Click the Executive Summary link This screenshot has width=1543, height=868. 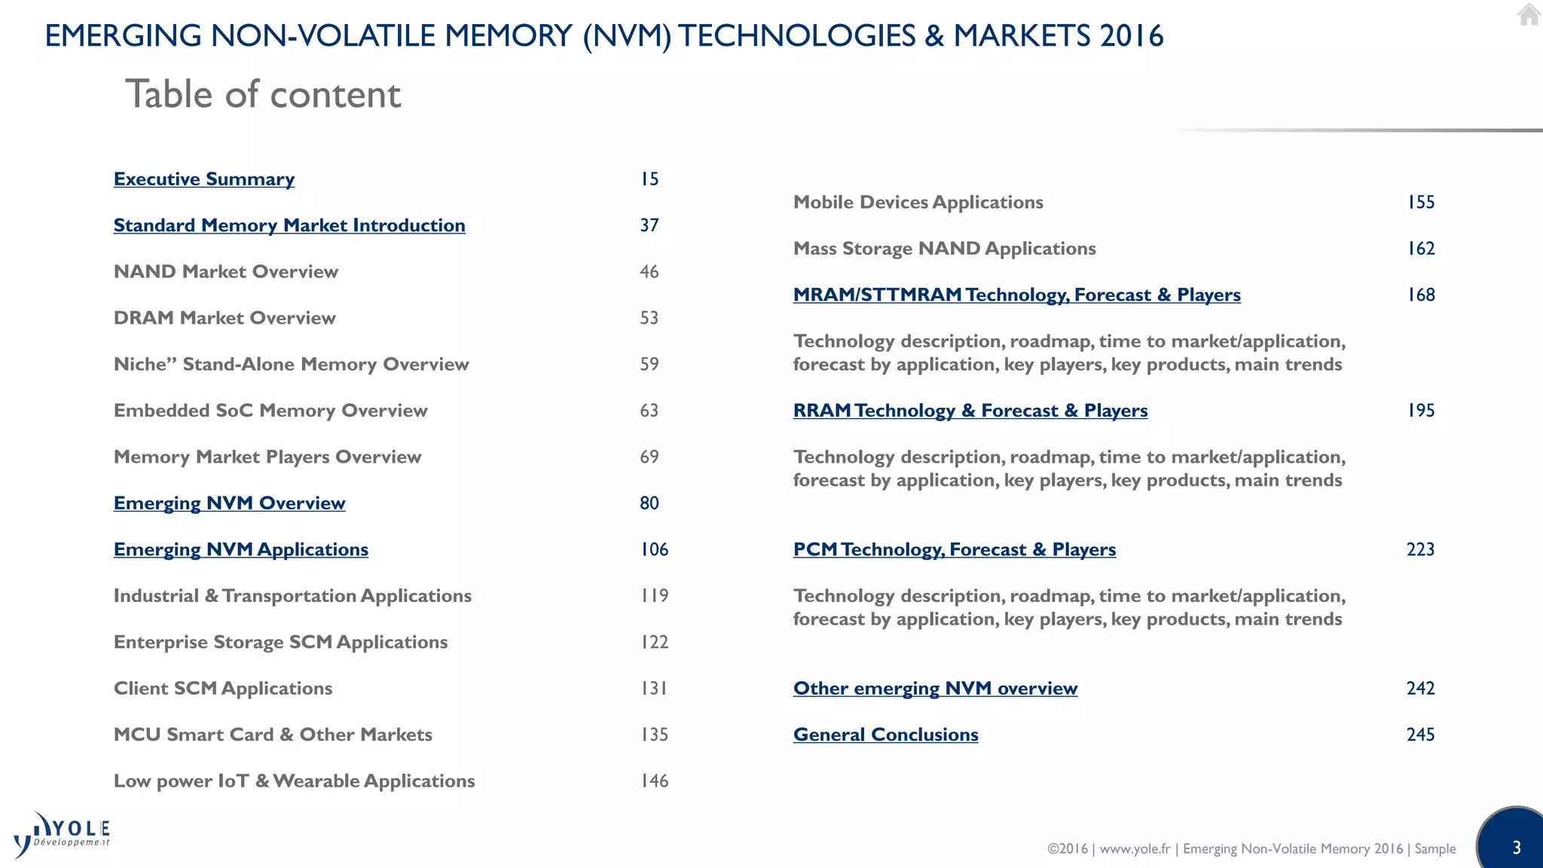[x=204, y=179]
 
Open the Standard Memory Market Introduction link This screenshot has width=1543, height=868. [x=289, y=225]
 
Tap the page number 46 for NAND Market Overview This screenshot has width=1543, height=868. [x=649, y=272]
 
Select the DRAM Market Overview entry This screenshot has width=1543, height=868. [x=225, y=318]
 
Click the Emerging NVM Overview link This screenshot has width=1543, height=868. [x=230, y=503]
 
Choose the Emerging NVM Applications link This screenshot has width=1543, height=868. [x=241, y=549]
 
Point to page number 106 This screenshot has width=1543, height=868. [x=654, y=549]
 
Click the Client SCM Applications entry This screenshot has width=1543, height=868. [x=223, y=689]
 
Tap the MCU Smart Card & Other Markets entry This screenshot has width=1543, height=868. [x=273, y=735]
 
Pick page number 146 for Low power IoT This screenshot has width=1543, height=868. [x=654, y=781]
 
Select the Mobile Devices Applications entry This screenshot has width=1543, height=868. [x=918, y=203]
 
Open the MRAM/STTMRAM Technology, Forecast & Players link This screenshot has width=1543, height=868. [x=1016, y=295]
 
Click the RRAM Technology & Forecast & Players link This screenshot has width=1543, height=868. [x=970, y=411]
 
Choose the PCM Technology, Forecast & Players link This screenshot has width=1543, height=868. [x=955, y=549]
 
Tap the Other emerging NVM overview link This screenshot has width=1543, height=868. [x=935, y=689]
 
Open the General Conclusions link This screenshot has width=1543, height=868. [x=885, y=735]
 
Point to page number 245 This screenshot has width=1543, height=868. [x=1420, y=735]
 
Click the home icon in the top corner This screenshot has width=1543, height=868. [x=1528, y=14]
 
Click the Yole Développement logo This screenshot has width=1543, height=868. [x=62, y=835]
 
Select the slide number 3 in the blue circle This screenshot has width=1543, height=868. [x=1516, y=848]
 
